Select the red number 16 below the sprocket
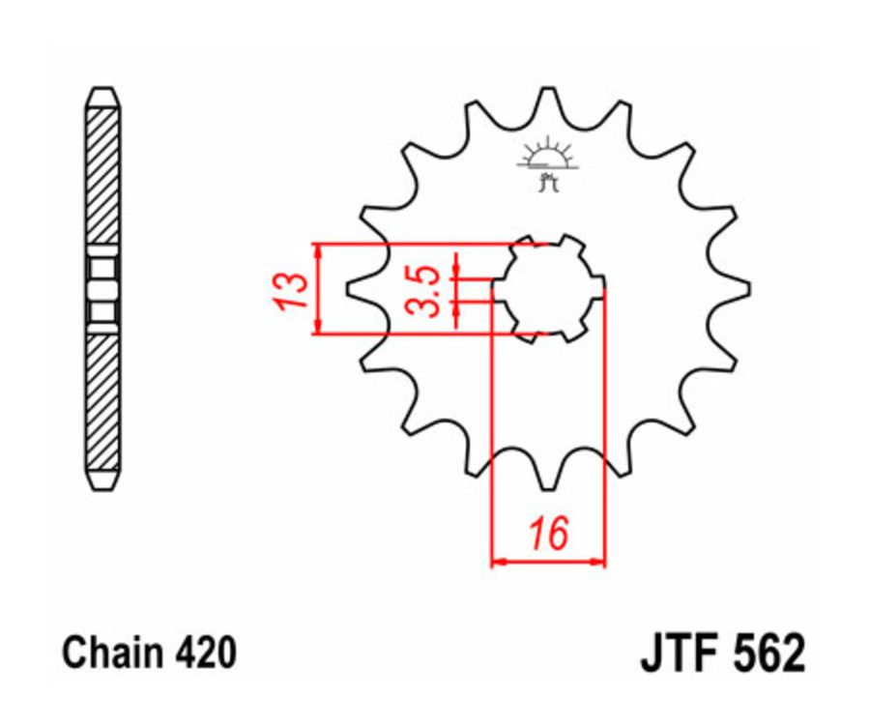547,533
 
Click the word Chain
109,654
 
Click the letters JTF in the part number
677,654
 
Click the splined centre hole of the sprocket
547,288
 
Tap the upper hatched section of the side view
103,179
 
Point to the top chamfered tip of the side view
103,97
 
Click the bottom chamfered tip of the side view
103,480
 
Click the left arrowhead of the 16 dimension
498,561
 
